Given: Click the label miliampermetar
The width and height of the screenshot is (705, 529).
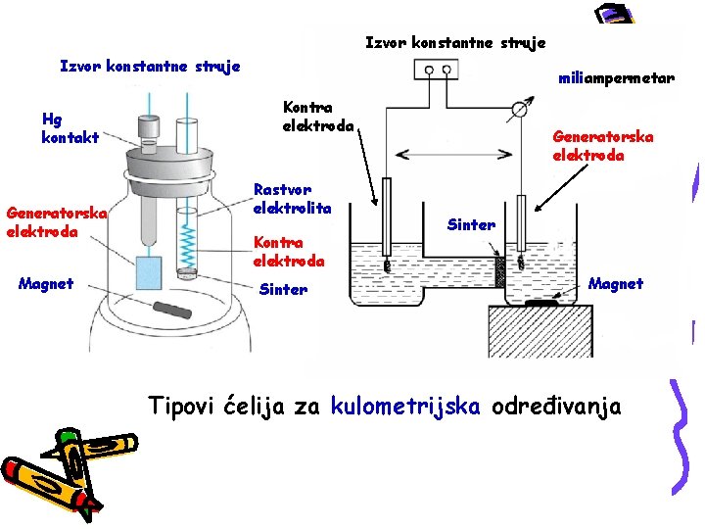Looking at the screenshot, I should click(x=615, y=78).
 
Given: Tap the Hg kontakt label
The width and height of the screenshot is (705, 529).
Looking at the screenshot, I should click(x=70, y=128).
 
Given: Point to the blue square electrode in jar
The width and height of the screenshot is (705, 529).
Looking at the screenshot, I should click(x=149, y=271).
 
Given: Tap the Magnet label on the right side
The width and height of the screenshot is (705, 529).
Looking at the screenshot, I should click(x=616, y=284).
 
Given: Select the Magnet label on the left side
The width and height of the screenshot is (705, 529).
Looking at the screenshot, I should click(x=46, y=284).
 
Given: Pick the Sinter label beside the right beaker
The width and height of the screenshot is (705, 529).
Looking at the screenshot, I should click(x=471, y=225).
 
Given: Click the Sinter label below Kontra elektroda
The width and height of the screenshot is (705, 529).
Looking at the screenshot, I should click(x=283, y=290).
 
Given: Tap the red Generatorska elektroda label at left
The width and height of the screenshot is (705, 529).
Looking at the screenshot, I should click(x=55, y=222).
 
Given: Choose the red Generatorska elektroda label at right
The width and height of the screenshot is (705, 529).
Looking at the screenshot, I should click(x=602, y=146).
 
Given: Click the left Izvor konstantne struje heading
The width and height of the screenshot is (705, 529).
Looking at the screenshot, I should click(x=150, y=67).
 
